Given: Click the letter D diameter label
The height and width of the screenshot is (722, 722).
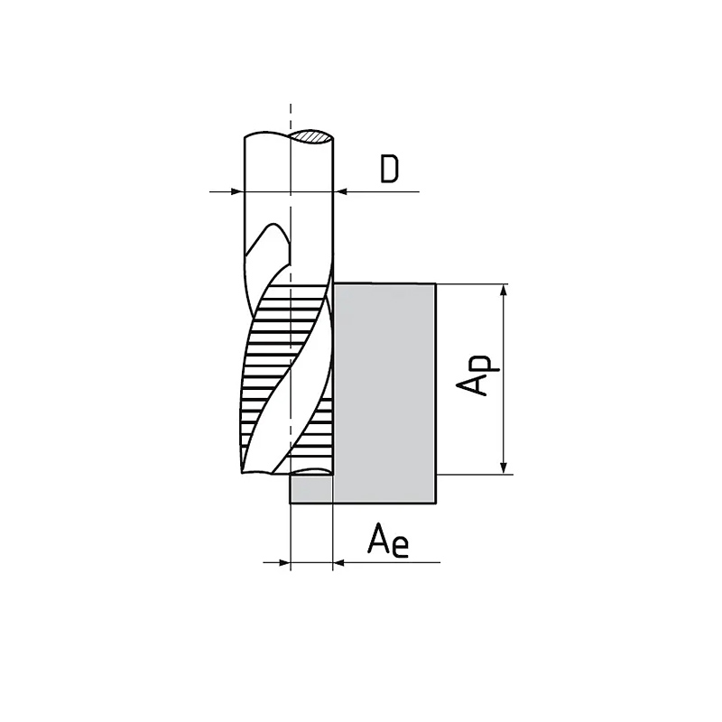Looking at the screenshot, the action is (x=390, y=169).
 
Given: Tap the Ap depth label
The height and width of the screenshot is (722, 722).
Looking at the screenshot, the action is (x=477, y=375).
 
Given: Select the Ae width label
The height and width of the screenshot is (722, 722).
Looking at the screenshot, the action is (x=388, y=541).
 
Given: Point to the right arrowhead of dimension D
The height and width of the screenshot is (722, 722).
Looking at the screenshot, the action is (x=340, y=191).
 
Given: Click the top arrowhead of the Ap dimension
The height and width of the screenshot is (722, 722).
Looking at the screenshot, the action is (x=504, y=292).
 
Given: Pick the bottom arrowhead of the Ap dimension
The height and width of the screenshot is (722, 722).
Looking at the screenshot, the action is (x=504, y=467).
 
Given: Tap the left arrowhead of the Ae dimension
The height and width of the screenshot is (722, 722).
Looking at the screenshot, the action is (x=283, y=562).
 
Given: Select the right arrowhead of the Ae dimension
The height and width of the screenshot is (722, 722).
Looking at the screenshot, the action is (x=339, y=562).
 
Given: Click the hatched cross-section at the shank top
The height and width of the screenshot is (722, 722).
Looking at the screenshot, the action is (x=311, y=137).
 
